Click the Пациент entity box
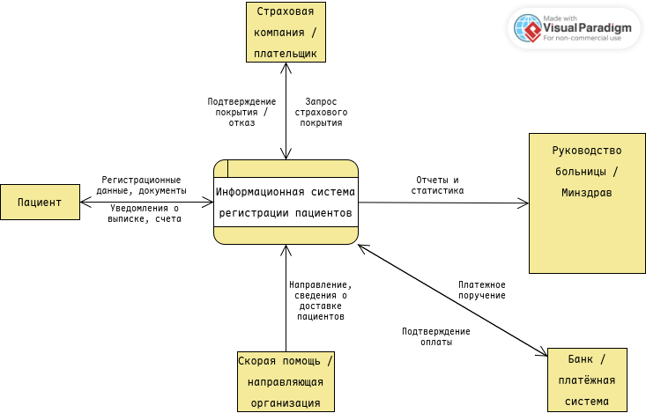40,203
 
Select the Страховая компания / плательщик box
286,33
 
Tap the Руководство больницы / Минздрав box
586,203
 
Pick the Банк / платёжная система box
586,380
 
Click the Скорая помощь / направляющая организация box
286,381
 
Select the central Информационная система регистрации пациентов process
286,203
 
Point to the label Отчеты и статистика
438,185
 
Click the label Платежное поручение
481,290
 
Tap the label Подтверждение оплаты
435,336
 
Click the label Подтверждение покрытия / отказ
241,113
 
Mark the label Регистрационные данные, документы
142,185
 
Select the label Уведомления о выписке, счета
145,214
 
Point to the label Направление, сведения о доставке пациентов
320,300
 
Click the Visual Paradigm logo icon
531,28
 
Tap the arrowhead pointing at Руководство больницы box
524,203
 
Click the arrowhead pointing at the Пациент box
85,203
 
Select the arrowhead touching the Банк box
543,352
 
